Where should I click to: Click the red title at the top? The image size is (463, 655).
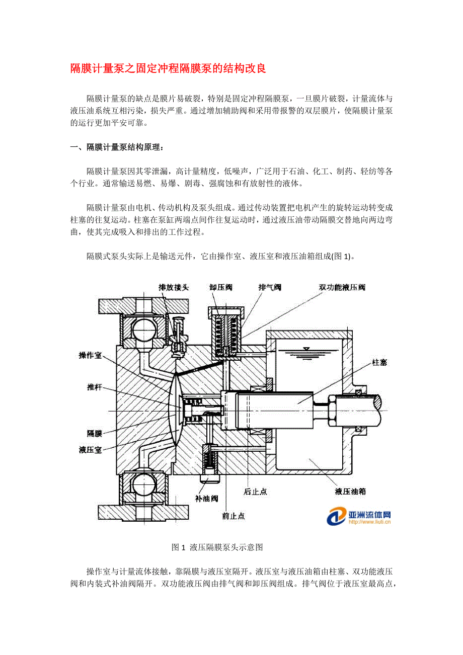pos(168,69)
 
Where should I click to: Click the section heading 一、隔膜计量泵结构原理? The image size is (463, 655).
pos(117,147)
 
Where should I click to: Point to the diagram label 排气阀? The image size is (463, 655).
pos(269,287)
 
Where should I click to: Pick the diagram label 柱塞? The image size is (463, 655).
pos(379,362)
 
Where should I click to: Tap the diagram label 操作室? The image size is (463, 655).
pos(90,355)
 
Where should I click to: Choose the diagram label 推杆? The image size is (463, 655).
pos(94,387)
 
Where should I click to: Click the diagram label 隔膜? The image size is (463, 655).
pos(94,433)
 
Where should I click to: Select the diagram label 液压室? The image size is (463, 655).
pos(90,449)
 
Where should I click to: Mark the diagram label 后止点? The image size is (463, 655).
pos(255,492)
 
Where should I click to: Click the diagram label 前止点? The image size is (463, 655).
pos(233,516)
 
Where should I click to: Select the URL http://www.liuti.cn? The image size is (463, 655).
pos(369,522)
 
